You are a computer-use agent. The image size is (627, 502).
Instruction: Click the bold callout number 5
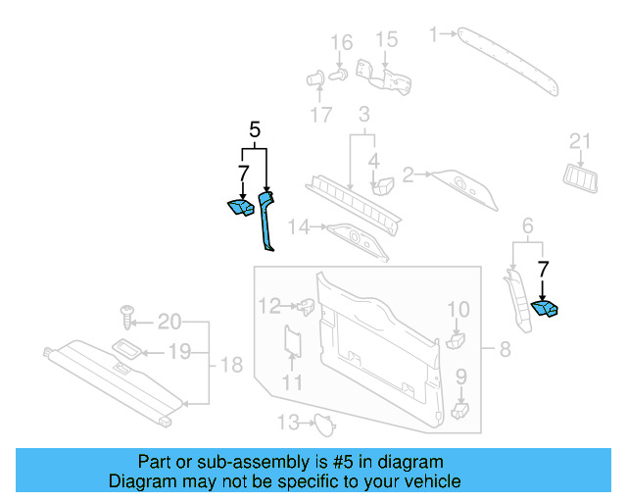pyautogui.click(x=255, y=129)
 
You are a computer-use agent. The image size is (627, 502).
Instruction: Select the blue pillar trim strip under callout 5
pyautogui.click(x=265, y=223)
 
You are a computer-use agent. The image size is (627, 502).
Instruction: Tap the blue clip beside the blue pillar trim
pyautogui.click(x=241, y=207)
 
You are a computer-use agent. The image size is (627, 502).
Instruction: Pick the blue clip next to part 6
pyautogui.click(x=545, y=310)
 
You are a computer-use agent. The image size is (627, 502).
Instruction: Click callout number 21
pyautogui.click(x=580, y=141)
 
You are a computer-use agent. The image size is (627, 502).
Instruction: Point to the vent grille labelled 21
pyautogui.click(x=581, y=178)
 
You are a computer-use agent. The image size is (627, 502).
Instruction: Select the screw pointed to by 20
pyautogui.click(x=127, y=317)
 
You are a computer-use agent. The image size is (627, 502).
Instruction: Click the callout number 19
pyautogui.click(x=179, y=352)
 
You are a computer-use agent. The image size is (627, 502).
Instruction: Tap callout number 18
pyautogui.click(x=231, y=365)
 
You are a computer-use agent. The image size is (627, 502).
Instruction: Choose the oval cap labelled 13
pyautogui.click(x=324, y=425)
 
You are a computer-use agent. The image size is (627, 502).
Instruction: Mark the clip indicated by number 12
pyautogui.click(x=306, y=306)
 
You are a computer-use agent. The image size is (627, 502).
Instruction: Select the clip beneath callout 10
pyautogui.click(x=455, y=340)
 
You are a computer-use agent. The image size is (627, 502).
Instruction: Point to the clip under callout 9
pyautogui.click(x=459, y=411)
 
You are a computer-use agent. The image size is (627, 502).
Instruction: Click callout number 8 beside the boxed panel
pyautogui.click(x=506, y=349)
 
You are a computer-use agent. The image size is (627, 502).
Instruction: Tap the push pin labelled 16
pyautogui.click(x=338, y=75)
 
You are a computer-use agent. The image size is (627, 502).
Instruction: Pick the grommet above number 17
pyautogui.click(x=315, y=78)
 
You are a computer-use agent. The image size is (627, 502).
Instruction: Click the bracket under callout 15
pyautogui.click(x=384, y=77)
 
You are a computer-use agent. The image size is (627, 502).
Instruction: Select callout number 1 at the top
pyautogui.click(x=433, y=34)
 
